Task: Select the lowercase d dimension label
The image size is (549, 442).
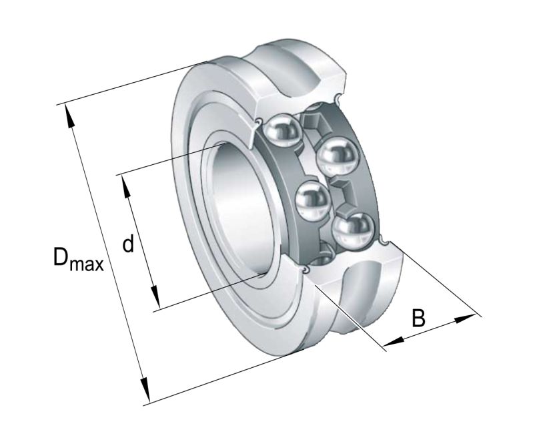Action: [x=128, y=244]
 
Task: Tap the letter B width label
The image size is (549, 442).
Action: [x=418, y=318]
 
